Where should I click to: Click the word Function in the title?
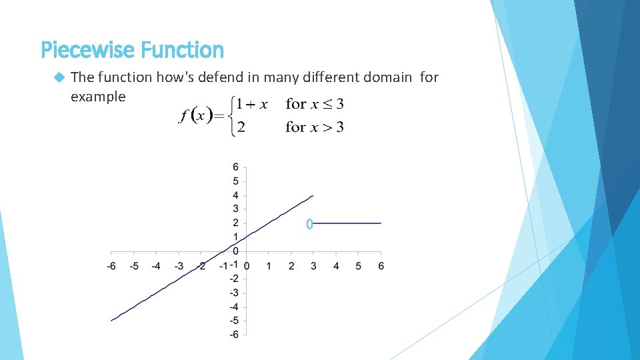click(182, 50)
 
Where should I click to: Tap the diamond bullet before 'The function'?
click(59, 77)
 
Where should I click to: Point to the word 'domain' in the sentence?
click(387, 77)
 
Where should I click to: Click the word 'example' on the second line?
click(97, 97)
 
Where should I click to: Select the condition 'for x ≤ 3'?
click(314, 104)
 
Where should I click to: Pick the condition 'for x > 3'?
click(314, 127)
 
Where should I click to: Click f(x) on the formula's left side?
click(195, 115)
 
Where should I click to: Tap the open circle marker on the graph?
click(309, 224)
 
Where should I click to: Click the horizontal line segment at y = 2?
click(347, 223)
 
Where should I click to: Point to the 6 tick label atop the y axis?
click(235, 167)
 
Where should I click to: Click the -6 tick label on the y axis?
click(233, 335)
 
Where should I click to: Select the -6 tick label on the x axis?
click(111, 266)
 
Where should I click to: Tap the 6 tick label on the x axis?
click(381, 266)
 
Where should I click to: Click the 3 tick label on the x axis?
click(313, 266)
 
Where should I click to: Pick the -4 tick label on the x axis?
click(155, 266)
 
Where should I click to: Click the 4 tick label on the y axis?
click(235, 195)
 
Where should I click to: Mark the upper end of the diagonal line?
click(313, 196)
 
